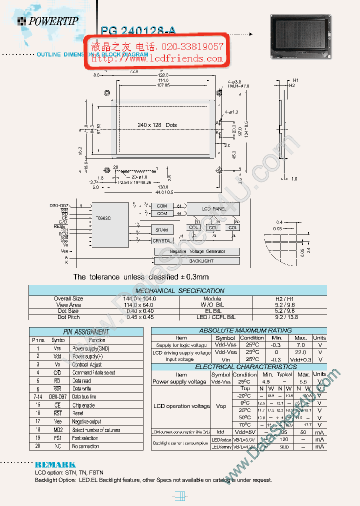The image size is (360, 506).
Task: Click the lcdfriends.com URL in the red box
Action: click(x=157, y=58)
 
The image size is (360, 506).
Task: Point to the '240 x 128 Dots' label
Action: click(x=157, y=125)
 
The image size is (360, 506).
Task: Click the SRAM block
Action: click(x=161, y=229)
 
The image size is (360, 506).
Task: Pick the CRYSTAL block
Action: click(x=161, y=240)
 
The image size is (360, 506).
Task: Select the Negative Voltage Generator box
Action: click(x=197, y=251)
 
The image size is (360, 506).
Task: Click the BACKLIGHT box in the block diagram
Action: click(x=201, y=260)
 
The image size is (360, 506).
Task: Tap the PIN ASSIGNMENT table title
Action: click(x=86, y=331)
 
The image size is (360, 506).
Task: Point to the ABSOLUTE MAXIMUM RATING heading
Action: click(x=238, y=330)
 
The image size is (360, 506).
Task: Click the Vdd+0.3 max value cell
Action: click(x=300, y=359)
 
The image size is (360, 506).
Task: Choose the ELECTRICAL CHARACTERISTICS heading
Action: click(x=238, y=366)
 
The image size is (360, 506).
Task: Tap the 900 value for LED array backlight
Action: click(x=284, y=446)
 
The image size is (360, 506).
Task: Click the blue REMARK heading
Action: click(x=55, y=464)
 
